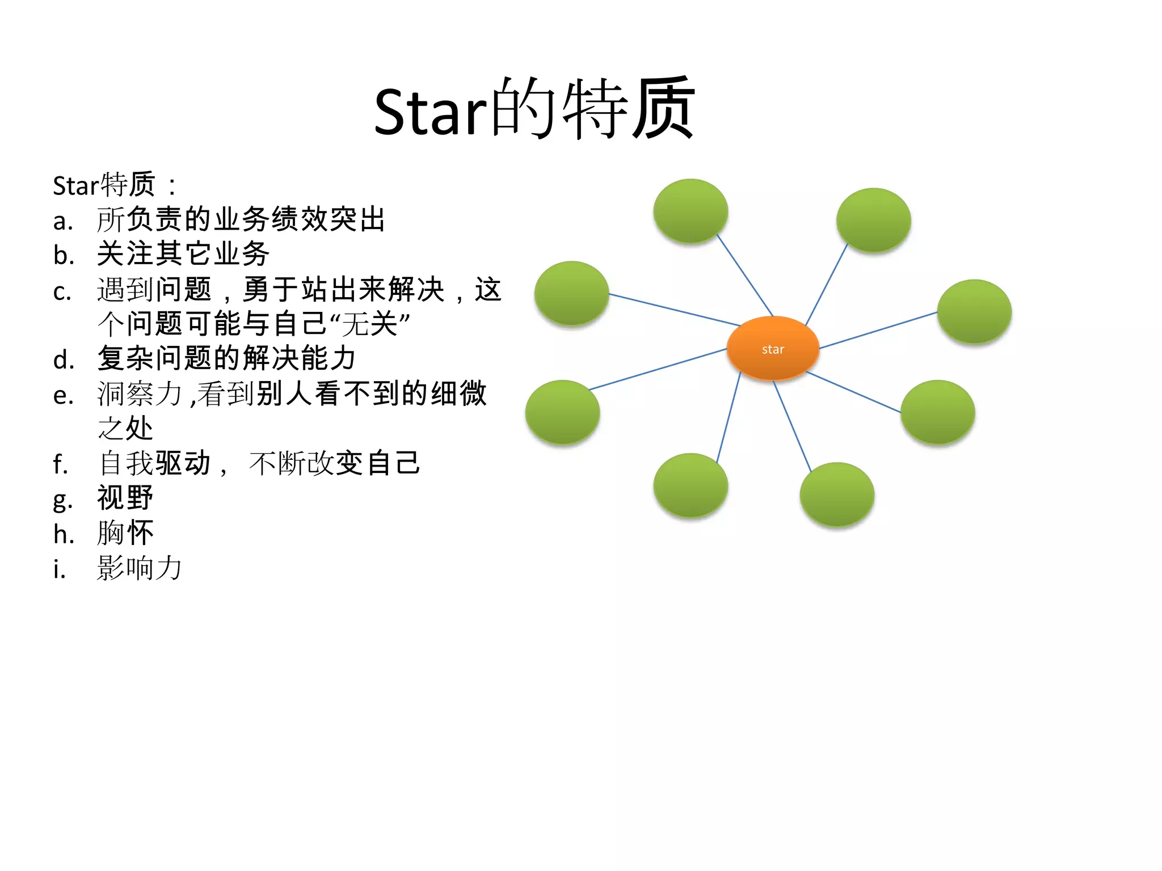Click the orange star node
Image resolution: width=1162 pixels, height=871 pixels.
click(x=773, y=348)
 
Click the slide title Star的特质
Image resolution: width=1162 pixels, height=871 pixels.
click(x=534, y=109)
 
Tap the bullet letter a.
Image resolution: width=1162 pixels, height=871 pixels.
click(x=62, y=221)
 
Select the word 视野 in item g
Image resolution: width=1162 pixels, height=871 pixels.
click(x=125, y=498)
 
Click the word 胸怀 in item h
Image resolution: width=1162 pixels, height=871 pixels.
click(x=125, y=533)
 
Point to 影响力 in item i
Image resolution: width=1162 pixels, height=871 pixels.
click(x=140, y=568)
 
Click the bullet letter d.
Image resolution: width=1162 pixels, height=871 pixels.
click(x=63, y=360)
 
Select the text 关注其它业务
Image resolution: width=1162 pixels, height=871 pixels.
click(x=183, y=254)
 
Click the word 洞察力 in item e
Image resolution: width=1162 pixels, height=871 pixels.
click(x=140, y=394)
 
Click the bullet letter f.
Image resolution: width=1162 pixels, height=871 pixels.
click(x=60, y=464)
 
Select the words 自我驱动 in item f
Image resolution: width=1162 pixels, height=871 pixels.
click(x=154, y=463)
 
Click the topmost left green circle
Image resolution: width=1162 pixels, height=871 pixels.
click(x=691, y=211)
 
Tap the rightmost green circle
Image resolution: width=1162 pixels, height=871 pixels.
click(x=974, y=311)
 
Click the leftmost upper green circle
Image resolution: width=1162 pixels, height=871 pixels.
click(x=571, y=293)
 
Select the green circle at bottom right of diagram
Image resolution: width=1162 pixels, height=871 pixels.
click(x=937, y=412)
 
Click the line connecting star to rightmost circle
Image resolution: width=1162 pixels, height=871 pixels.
click(x=878, y=330)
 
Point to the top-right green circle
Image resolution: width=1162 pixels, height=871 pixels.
click(x=873, y=220)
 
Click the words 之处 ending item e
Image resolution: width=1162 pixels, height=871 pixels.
click(x=125, y=429)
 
